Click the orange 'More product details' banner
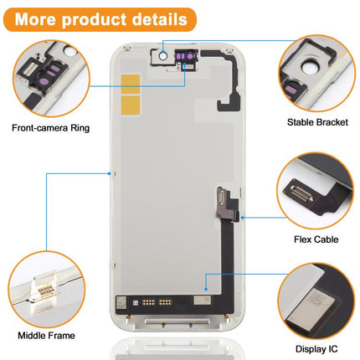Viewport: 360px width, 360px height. click(100, 19)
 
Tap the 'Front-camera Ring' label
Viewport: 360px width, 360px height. click(51, 128)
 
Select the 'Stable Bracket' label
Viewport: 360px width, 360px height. click(317, 122)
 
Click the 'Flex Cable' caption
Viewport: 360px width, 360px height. click(316, 239)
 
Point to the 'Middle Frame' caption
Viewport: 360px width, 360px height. click(46, 335)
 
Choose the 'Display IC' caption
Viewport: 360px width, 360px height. click(316, 349)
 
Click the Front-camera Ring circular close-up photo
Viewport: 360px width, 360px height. click(51, 79)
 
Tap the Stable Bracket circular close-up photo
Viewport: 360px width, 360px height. click(317, 74)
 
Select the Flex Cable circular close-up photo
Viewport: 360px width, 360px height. click(316, 191)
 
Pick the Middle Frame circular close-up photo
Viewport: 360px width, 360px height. click(47, 290)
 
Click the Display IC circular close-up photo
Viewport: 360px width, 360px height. click(316, 301)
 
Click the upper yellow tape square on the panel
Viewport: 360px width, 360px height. click(131, 84)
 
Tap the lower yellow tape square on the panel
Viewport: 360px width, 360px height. click(131, 105)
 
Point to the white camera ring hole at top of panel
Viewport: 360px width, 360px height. click(163, 56)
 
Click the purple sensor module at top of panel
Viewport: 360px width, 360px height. click(186, 56)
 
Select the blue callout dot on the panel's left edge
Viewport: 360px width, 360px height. click(110, 173)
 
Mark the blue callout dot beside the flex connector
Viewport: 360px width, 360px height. click(243, 218)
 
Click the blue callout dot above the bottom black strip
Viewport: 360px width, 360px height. click(206, 289)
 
